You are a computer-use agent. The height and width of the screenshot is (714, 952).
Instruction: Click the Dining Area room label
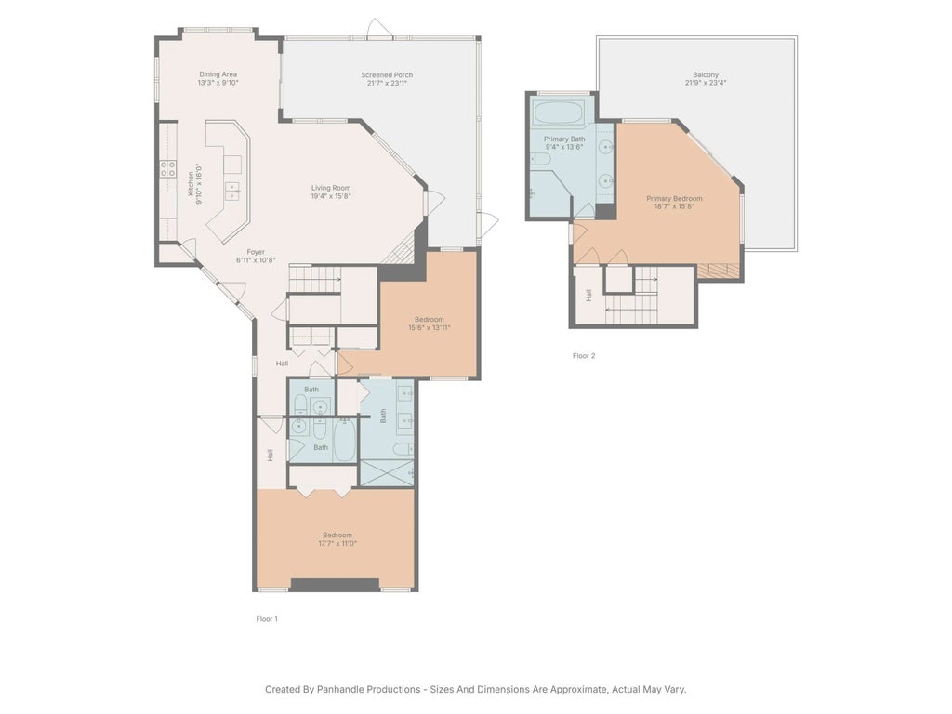(218, 74)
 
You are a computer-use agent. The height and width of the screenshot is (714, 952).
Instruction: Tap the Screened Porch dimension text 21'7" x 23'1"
(387, 83)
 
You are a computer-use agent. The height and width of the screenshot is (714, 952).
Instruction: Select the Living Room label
(331, 188)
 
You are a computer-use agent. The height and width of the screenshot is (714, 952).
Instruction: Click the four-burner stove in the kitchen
(168, 168)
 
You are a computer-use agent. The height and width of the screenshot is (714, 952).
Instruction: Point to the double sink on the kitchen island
(231, 190)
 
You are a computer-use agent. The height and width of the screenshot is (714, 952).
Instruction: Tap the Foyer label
(256, 251)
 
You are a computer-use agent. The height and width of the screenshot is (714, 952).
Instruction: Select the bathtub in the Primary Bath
(558, 113)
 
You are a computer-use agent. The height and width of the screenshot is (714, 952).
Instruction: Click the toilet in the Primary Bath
(542, 160)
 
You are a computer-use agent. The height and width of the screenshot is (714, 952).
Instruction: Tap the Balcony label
(705, 74)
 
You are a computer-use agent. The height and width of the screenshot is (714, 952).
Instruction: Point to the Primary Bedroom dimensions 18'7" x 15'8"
(674, 206)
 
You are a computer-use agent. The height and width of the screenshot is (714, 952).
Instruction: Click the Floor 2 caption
(583, 356)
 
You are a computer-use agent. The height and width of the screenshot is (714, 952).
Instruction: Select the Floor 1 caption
(267, 618)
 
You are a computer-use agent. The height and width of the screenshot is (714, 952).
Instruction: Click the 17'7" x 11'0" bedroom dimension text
(338, 544)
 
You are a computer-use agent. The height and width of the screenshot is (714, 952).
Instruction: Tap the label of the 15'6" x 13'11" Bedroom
(429, 319)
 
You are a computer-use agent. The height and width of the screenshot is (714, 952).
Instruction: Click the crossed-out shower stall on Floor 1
(387, 472)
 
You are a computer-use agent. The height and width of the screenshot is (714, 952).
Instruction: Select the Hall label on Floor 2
(588, 295)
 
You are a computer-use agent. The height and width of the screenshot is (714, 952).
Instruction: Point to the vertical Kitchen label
(192, 182)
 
